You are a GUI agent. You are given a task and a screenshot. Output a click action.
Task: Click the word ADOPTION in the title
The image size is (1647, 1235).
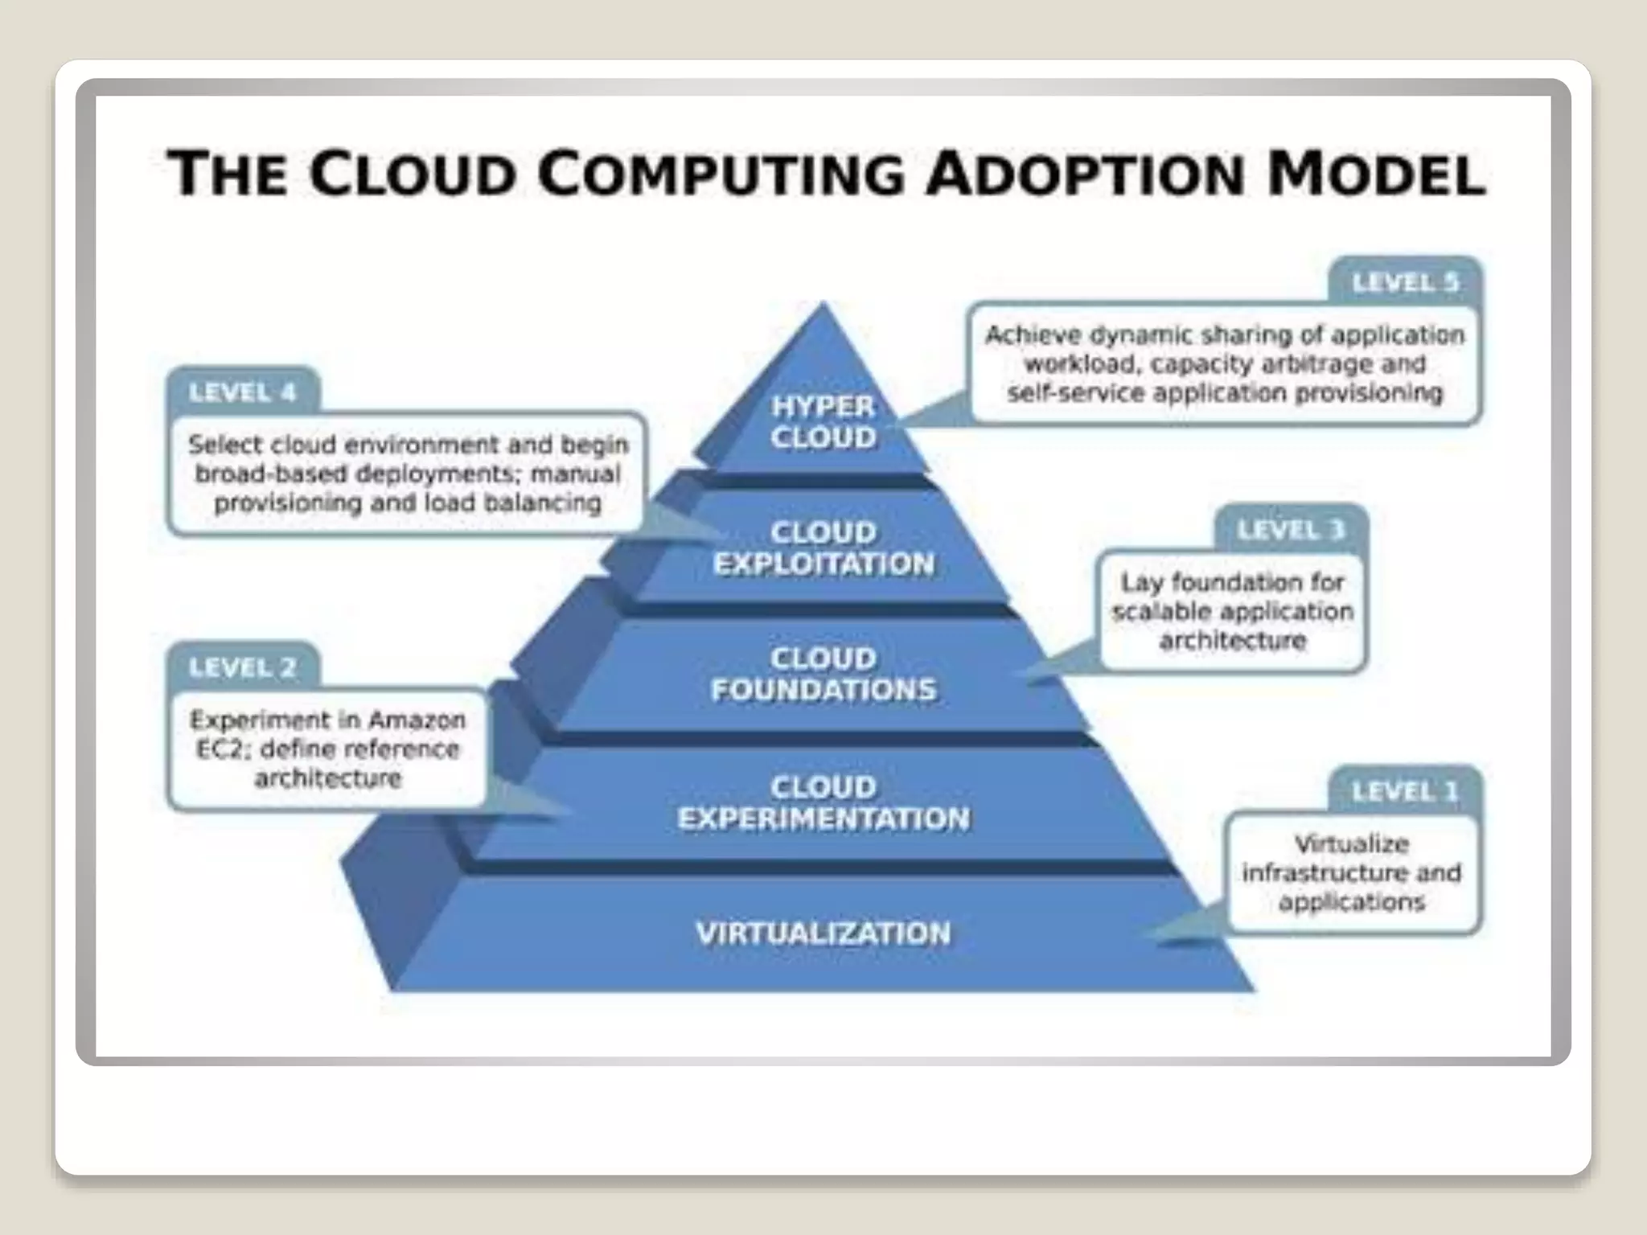pos(1086,174)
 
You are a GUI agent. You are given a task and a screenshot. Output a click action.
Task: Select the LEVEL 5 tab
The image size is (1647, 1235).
pos(1405,283)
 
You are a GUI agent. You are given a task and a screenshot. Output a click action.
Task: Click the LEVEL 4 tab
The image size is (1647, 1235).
pos(242,393)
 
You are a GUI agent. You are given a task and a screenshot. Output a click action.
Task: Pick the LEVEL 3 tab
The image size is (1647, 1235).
pos(1290,531)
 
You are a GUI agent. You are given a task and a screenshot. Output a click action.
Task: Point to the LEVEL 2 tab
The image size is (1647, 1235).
pos(242,667)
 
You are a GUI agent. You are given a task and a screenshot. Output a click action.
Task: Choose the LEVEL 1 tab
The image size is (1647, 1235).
pos(1404,792)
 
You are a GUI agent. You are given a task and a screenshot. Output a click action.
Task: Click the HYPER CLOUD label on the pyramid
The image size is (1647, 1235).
pos(823,422)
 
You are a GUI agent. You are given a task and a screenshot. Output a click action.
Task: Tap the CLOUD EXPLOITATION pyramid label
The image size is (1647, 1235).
pos(823,548)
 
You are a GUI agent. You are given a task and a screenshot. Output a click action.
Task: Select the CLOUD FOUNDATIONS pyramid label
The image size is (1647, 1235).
pos(823,674)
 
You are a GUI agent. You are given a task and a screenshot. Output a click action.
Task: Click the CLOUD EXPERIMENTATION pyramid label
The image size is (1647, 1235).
pos(823,802)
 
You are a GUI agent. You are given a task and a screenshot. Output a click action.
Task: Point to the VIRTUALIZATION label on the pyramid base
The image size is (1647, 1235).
pos(823,933)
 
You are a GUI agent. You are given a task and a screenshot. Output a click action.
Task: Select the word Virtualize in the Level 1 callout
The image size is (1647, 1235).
pos(1351,843)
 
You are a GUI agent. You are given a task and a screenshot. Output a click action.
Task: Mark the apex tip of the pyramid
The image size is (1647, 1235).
pos(822,305)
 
